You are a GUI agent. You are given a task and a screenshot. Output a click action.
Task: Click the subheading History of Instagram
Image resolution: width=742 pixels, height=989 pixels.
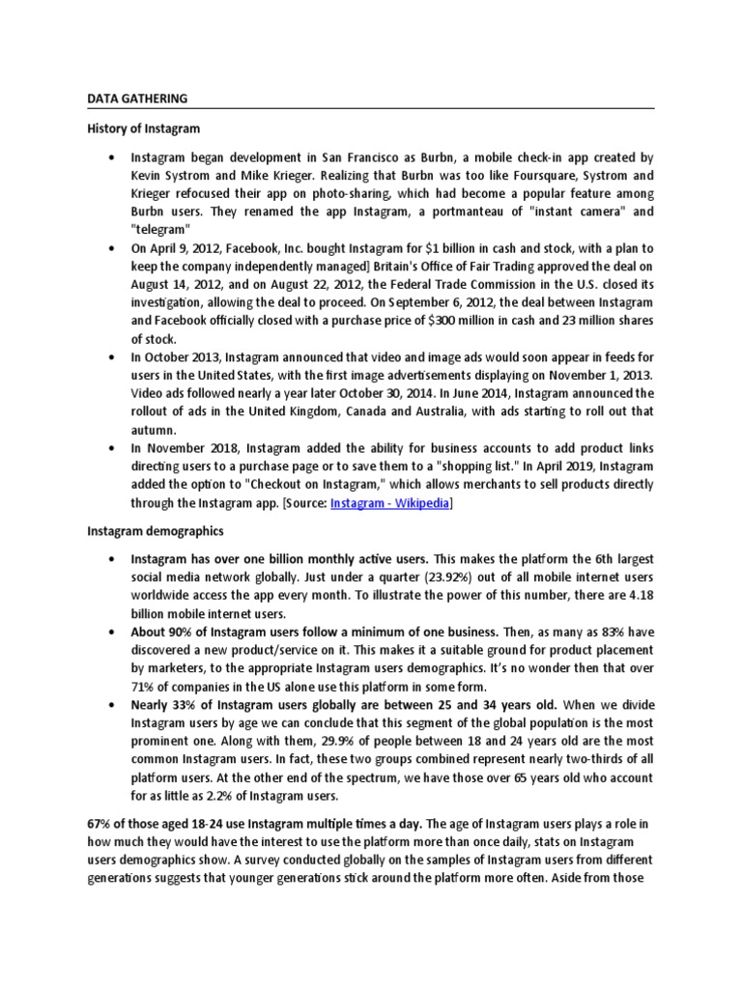point(143,127)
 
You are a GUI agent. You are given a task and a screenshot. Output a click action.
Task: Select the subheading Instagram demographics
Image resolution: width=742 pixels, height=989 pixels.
point(156,530)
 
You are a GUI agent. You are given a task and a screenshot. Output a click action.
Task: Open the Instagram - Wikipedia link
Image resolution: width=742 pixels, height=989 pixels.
point(389,503)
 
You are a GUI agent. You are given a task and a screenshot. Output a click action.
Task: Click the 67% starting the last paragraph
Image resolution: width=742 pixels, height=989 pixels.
point(100,823)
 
